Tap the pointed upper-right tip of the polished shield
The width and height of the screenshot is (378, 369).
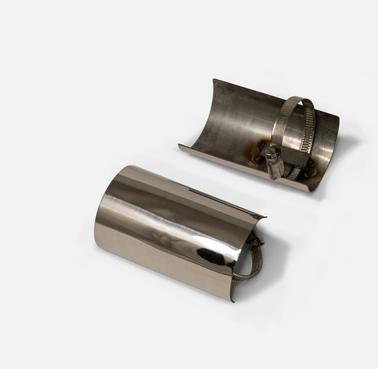pos(266,217)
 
